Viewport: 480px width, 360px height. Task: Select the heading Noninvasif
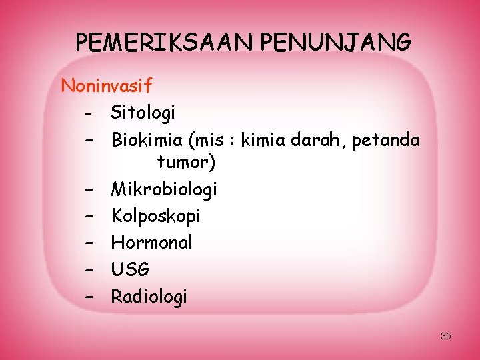107,86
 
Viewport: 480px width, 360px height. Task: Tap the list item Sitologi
143,113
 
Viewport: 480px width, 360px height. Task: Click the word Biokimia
148,141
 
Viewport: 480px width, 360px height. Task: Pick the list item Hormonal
151,243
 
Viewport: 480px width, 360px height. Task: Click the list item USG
131,269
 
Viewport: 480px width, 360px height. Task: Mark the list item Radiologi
149,296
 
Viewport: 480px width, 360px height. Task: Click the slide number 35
446,336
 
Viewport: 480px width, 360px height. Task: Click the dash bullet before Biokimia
88,141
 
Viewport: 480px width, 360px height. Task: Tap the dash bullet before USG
88,269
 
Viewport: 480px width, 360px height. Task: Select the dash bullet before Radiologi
88,296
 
